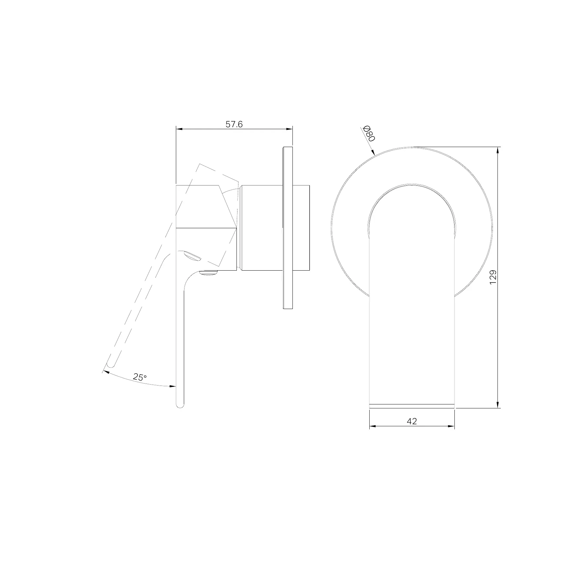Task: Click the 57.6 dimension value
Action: point(234,124)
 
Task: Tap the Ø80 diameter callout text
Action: point(369,133)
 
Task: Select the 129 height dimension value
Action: point(493,277)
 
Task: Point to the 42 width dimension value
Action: point(412,421)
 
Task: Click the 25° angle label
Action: point(140,377)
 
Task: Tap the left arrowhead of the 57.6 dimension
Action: point(179,129)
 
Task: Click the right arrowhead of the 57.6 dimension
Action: point(289,129)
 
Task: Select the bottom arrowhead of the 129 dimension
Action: point(497,404)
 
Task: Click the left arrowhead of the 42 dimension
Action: point(373,426)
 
